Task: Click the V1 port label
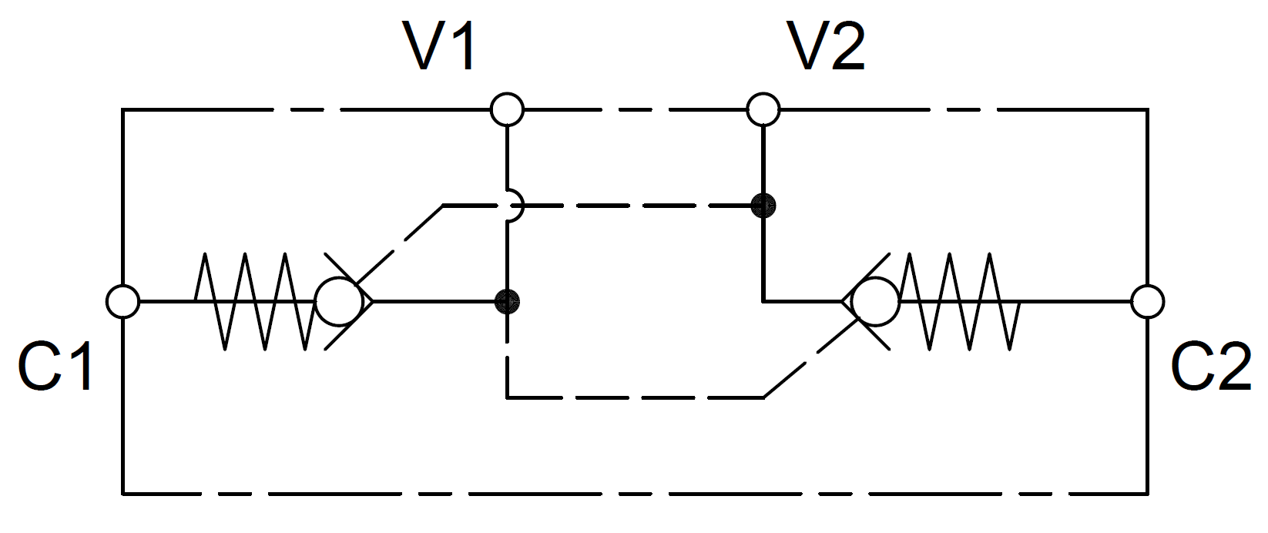[438, 45]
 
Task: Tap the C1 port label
[55, 366]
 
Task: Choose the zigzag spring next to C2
[959, 302]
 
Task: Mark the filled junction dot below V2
[763, 206]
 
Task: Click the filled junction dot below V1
[507, 302]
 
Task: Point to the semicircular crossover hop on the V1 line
[523, 206]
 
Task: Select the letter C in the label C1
[39, 366]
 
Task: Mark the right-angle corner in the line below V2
[763, 302]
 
